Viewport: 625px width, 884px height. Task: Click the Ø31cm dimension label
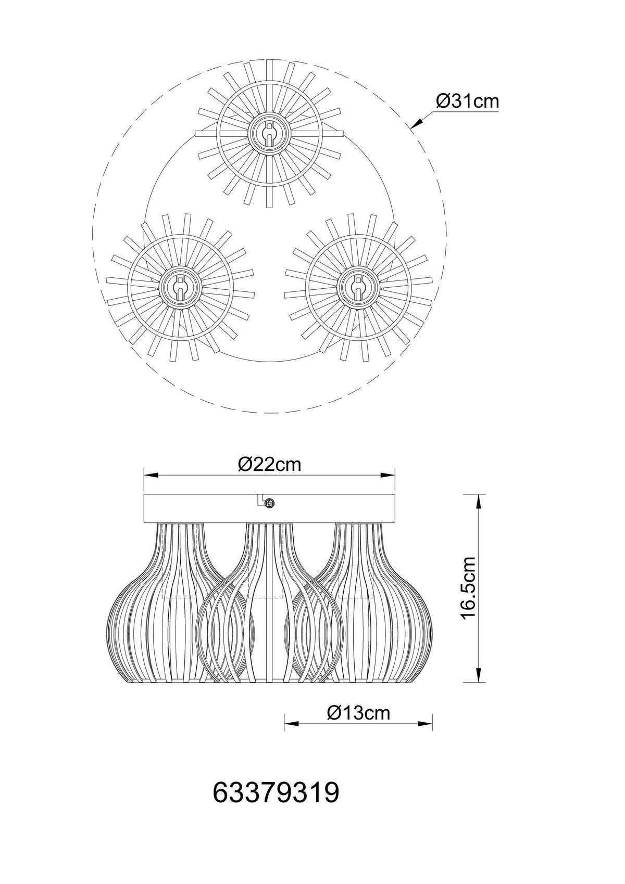click(x=467, y=102)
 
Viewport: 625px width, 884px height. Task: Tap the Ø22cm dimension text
click(x=270, y=465)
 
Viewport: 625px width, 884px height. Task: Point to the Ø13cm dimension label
click(x=359, y=713)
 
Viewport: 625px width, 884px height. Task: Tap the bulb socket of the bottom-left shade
click(x=180, y=287)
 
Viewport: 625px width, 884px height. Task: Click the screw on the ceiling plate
click(x=270, y=503)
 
